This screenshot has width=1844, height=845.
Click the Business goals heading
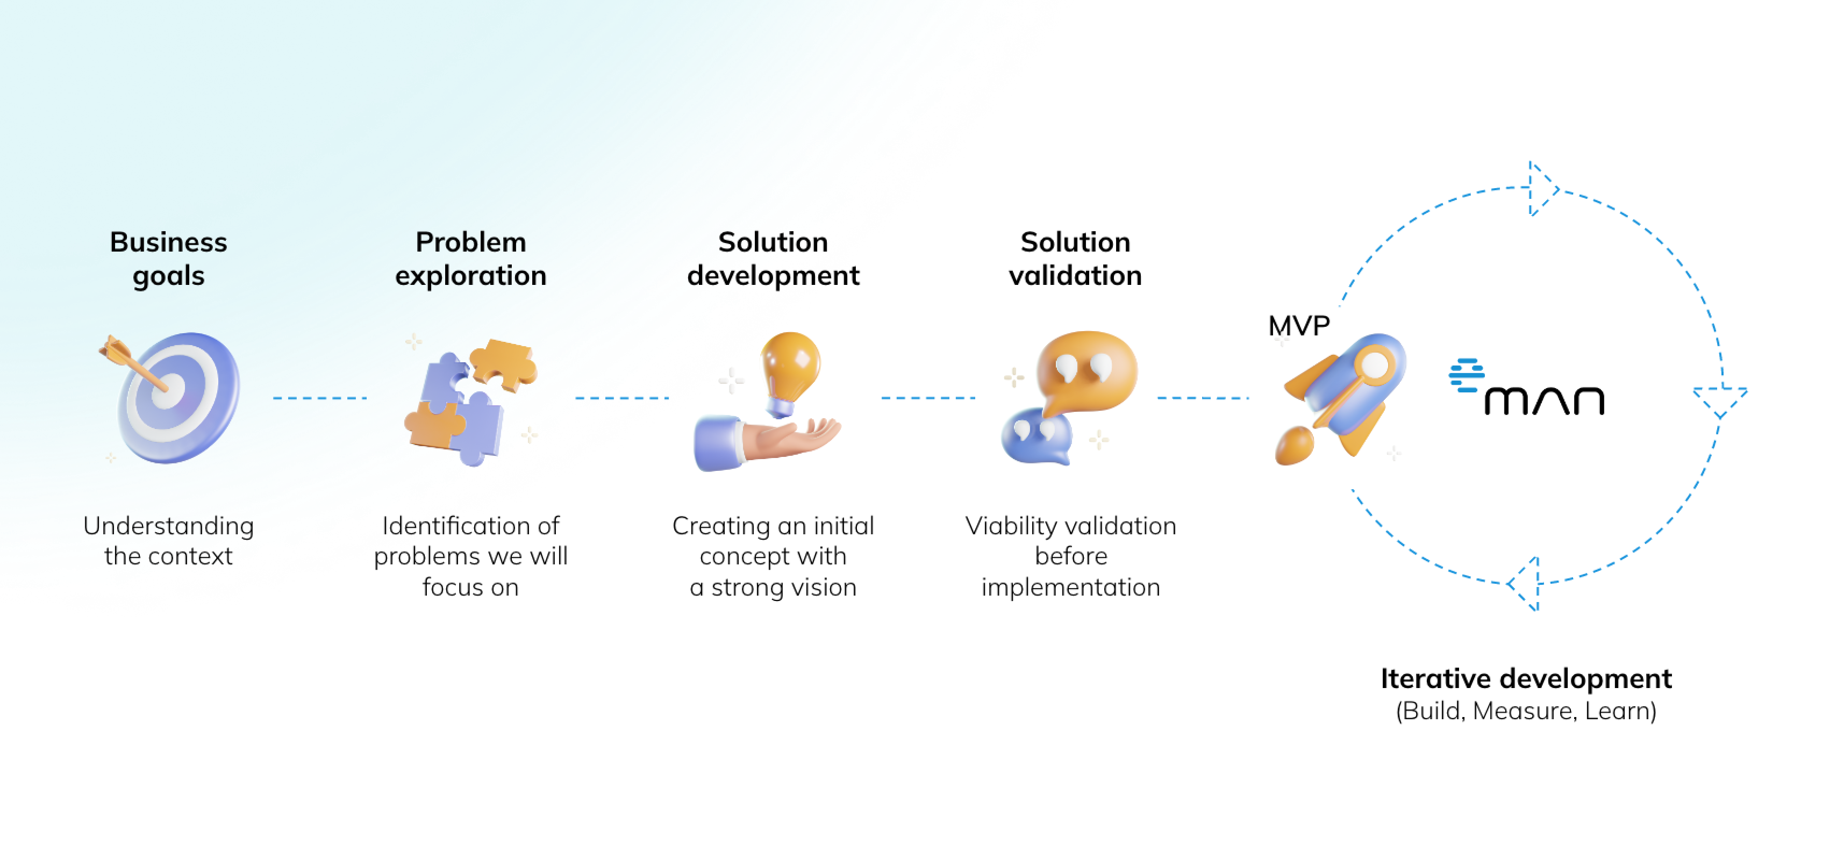[x=168, y=259]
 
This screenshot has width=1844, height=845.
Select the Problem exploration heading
[x=471, y=259]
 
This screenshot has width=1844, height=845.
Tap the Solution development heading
[x=773, y=259]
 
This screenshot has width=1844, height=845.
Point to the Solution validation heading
[x=1075, y=259]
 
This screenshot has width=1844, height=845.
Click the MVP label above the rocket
[x=1298, y=326]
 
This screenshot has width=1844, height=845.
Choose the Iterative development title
[x=1526, y=678]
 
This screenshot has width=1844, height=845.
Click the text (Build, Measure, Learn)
[x=1526, y=711]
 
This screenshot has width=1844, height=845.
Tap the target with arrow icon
[x=170, y=397]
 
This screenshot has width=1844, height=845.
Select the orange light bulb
[x=790, y=372]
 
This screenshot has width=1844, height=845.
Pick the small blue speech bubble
[x=1037, y=436]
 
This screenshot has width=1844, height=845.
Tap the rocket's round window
[x=1375, y=367]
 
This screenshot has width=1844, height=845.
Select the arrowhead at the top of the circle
[x=1542, y=189]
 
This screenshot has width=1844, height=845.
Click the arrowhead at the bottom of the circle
[x=1523, y=584]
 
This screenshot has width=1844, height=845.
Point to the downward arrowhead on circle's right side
[x=1720, y=402]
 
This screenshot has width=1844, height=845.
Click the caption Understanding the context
[x=168, y=541]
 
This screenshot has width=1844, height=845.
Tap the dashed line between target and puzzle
[x=320, y=398]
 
